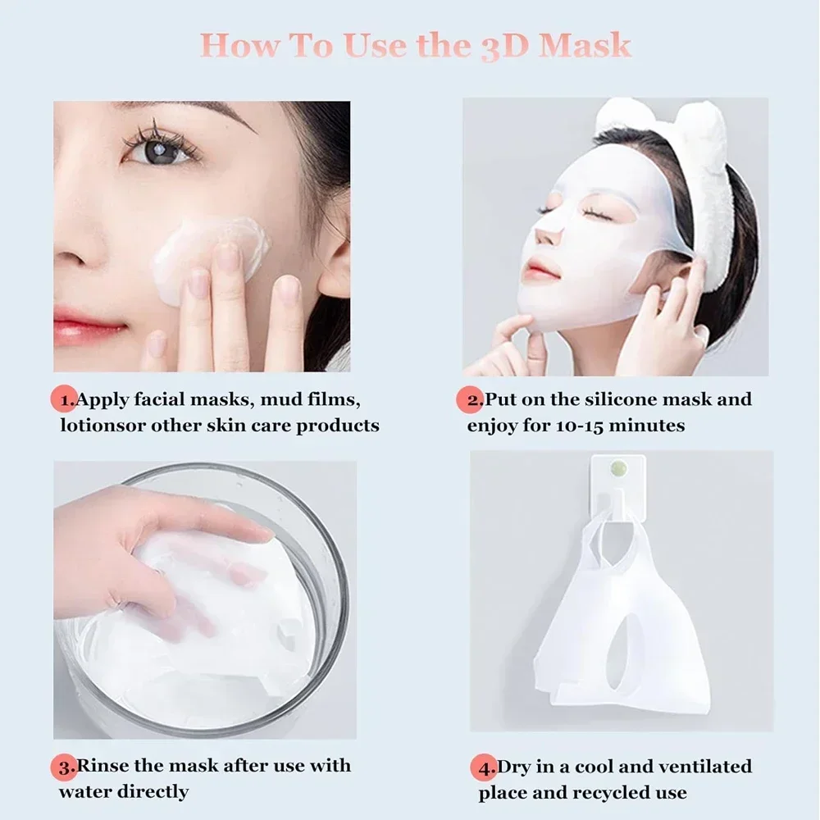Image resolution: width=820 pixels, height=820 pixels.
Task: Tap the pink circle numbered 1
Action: pos(64,400)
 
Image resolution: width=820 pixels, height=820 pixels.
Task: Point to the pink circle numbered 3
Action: pos(65,767)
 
